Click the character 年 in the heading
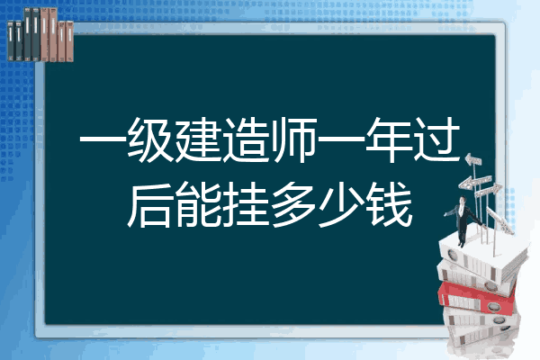[389, 139]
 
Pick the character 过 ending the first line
[436, 139]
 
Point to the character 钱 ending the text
[390, 204]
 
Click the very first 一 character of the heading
[103, 140]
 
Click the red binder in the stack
[477, 297]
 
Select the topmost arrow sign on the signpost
[473, 160]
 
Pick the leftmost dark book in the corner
[11, 41]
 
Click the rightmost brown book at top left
[70, 41]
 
